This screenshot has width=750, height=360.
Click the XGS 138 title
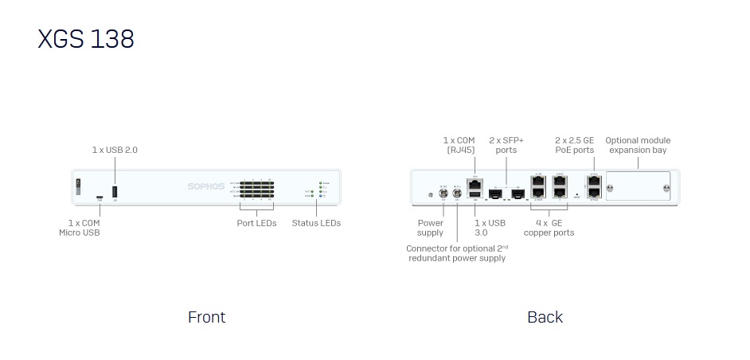click(x=86, y=38)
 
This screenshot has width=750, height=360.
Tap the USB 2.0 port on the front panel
click(x=115, y=191)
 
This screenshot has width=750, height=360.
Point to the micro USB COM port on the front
click(x=100, y=197)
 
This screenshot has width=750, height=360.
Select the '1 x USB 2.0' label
click(x=115, y=150)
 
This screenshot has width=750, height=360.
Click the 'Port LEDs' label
click(x=257, y=223)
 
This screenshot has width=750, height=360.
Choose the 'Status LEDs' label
click(x=316, y=223)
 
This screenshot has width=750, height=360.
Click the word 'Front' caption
click(x=206, y=317)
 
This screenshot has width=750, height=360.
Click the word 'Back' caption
click(x=545, y=317)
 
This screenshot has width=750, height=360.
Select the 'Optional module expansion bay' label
click(x=638, y=145)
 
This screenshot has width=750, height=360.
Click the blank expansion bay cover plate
click(x=638, y=189)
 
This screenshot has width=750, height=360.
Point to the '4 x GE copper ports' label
click(x=549, y=228)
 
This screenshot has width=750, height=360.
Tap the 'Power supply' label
click(x=431, y=228)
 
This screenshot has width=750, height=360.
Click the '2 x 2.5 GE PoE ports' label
click(x=575, y=145)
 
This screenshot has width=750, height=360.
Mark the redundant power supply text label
click(x=456, y=253)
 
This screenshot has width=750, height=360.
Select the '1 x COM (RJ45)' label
click(x=459, y=145)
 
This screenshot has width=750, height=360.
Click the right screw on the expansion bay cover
click(x=666, y=190)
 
